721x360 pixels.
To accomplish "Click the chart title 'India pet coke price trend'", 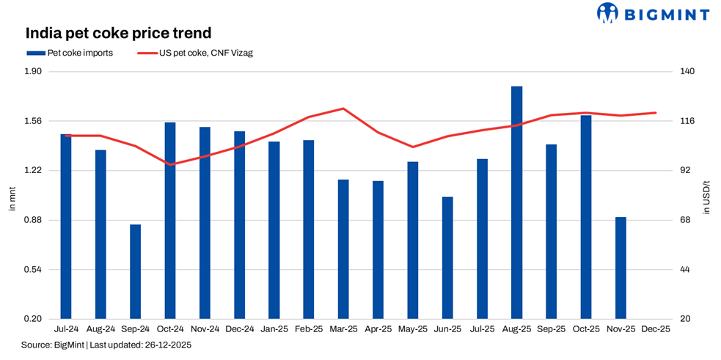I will tap(118, 34).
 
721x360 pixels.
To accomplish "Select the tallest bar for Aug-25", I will tap(516, 202).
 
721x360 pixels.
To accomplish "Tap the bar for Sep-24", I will tap(135, 271).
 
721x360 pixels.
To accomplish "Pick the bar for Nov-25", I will tap(621, 268).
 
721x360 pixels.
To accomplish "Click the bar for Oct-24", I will tap(170, 220).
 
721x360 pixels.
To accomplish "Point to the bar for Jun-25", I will tap(447, 257).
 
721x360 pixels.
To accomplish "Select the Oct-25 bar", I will tap(586, 217).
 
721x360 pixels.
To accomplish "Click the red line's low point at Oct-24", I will tap(170, 164).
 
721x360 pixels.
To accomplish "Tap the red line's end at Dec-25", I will tap(655, 113).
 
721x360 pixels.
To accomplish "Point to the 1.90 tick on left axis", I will tap(34, 71).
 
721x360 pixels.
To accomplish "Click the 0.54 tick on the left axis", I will tap(34, 270).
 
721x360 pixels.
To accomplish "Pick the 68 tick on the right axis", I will tap(684, 220).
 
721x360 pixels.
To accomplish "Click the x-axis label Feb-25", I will tap(309, 330).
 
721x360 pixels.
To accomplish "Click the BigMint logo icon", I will tap(608, 12).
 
